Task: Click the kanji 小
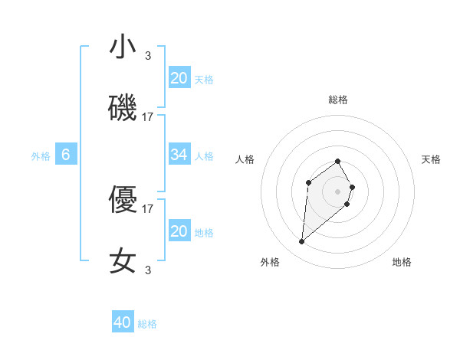click(x=123, y=47)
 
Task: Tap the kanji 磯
click(x=123, y=110)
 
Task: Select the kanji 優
click(x=123, y=201)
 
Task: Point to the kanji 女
click(x=123, y=261)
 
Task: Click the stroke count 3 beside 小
click(x=148, y=55)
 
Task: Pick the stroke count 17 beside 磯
click(x=148, y=117)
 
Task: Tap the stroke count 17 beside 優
click(x=148, y=208)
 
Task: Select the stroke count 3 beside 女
click(x=148, y=269)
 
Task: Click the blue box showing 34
click(x=179, y=155)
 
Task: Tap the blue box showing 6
click(x=66, y=155)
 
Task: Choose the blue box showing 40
click(x=123, y=322)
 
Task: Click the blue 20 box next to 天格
click(x=179, y=78)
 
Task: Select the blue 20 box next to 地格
click(x=179, y=231)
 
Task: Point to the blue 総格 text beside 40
click(x=147, y=324)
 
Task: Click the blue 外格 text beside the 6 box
click(x=41, y=156)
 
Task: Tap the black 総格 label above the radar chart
click(x=337, y=100)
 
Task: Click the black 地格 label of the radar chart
click(x=402, y=263)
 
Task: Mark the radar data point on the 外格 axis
click(x=301, y=242)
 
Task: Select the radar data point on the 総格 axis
click(x=337, y=161)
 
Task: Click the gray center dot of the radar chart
click(x=337, y=191)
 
